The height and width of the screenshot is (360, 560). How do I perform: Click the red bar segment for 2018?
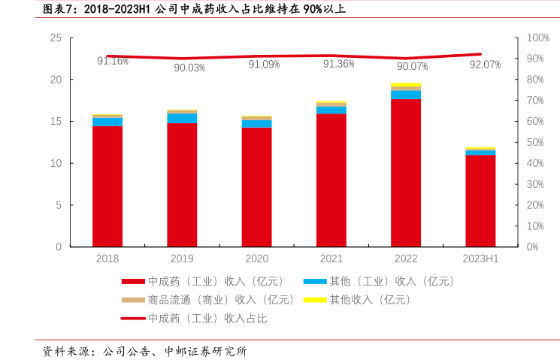107,186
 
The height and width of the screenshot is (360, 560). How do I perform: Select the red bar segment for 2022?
406,173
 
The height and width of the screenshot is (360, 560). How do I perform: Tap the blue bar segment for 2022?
406,95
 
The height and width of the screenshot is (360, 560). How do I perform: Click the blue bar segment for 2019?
182,118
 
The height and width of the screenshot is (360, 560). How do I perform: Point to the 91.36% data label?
338,64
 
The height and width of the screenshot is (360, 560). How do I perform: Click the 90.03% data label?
189,68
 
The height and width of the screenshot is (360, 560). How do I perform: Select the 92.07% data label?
485,65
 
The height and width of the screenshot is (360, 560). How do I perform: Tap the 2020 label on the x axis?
256,259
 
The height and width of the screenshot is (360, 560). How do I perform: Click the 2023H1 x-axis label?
480,259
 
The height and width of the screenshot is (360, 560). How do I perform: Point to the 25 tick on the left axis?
56,38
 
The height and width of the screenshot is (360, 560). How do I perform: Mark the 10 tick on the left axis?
56,163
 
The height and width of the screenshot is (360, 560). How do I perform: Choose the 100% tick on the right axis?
538,38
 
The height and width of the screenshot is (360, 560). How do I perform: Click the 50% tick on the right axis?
536,142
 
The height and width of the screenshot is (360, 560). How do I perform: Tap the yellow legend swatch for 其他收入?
314,300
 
